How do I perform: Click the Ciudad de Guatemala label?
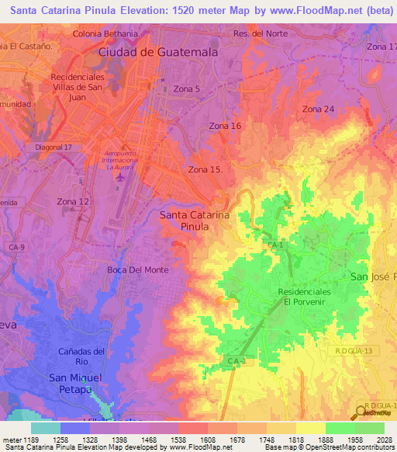158,51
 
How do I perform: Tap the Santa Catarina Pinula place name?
195,221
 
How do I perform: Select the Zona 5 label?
186,89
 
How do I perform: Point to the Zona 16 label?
226,126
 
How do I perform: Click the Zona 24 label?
318,109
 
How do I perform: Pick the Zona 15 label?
206,169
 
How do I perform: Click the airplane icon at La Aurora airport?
120,178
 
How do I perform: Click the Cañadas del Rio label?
81,356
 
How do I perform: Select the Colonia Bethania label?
106,35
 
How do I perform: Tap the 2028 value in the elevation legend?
383,440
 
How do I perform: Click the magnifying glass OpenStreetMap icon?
360,412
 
